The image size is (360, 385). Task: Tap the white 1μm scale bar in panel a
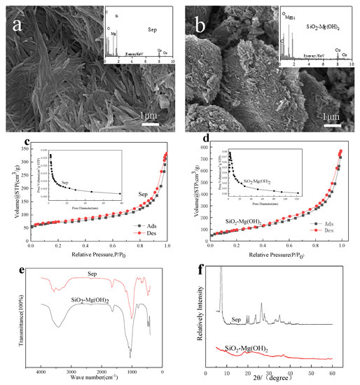coord(150,125)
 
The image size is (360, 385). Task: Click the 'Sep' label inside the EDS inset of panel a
coord(152,31)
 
